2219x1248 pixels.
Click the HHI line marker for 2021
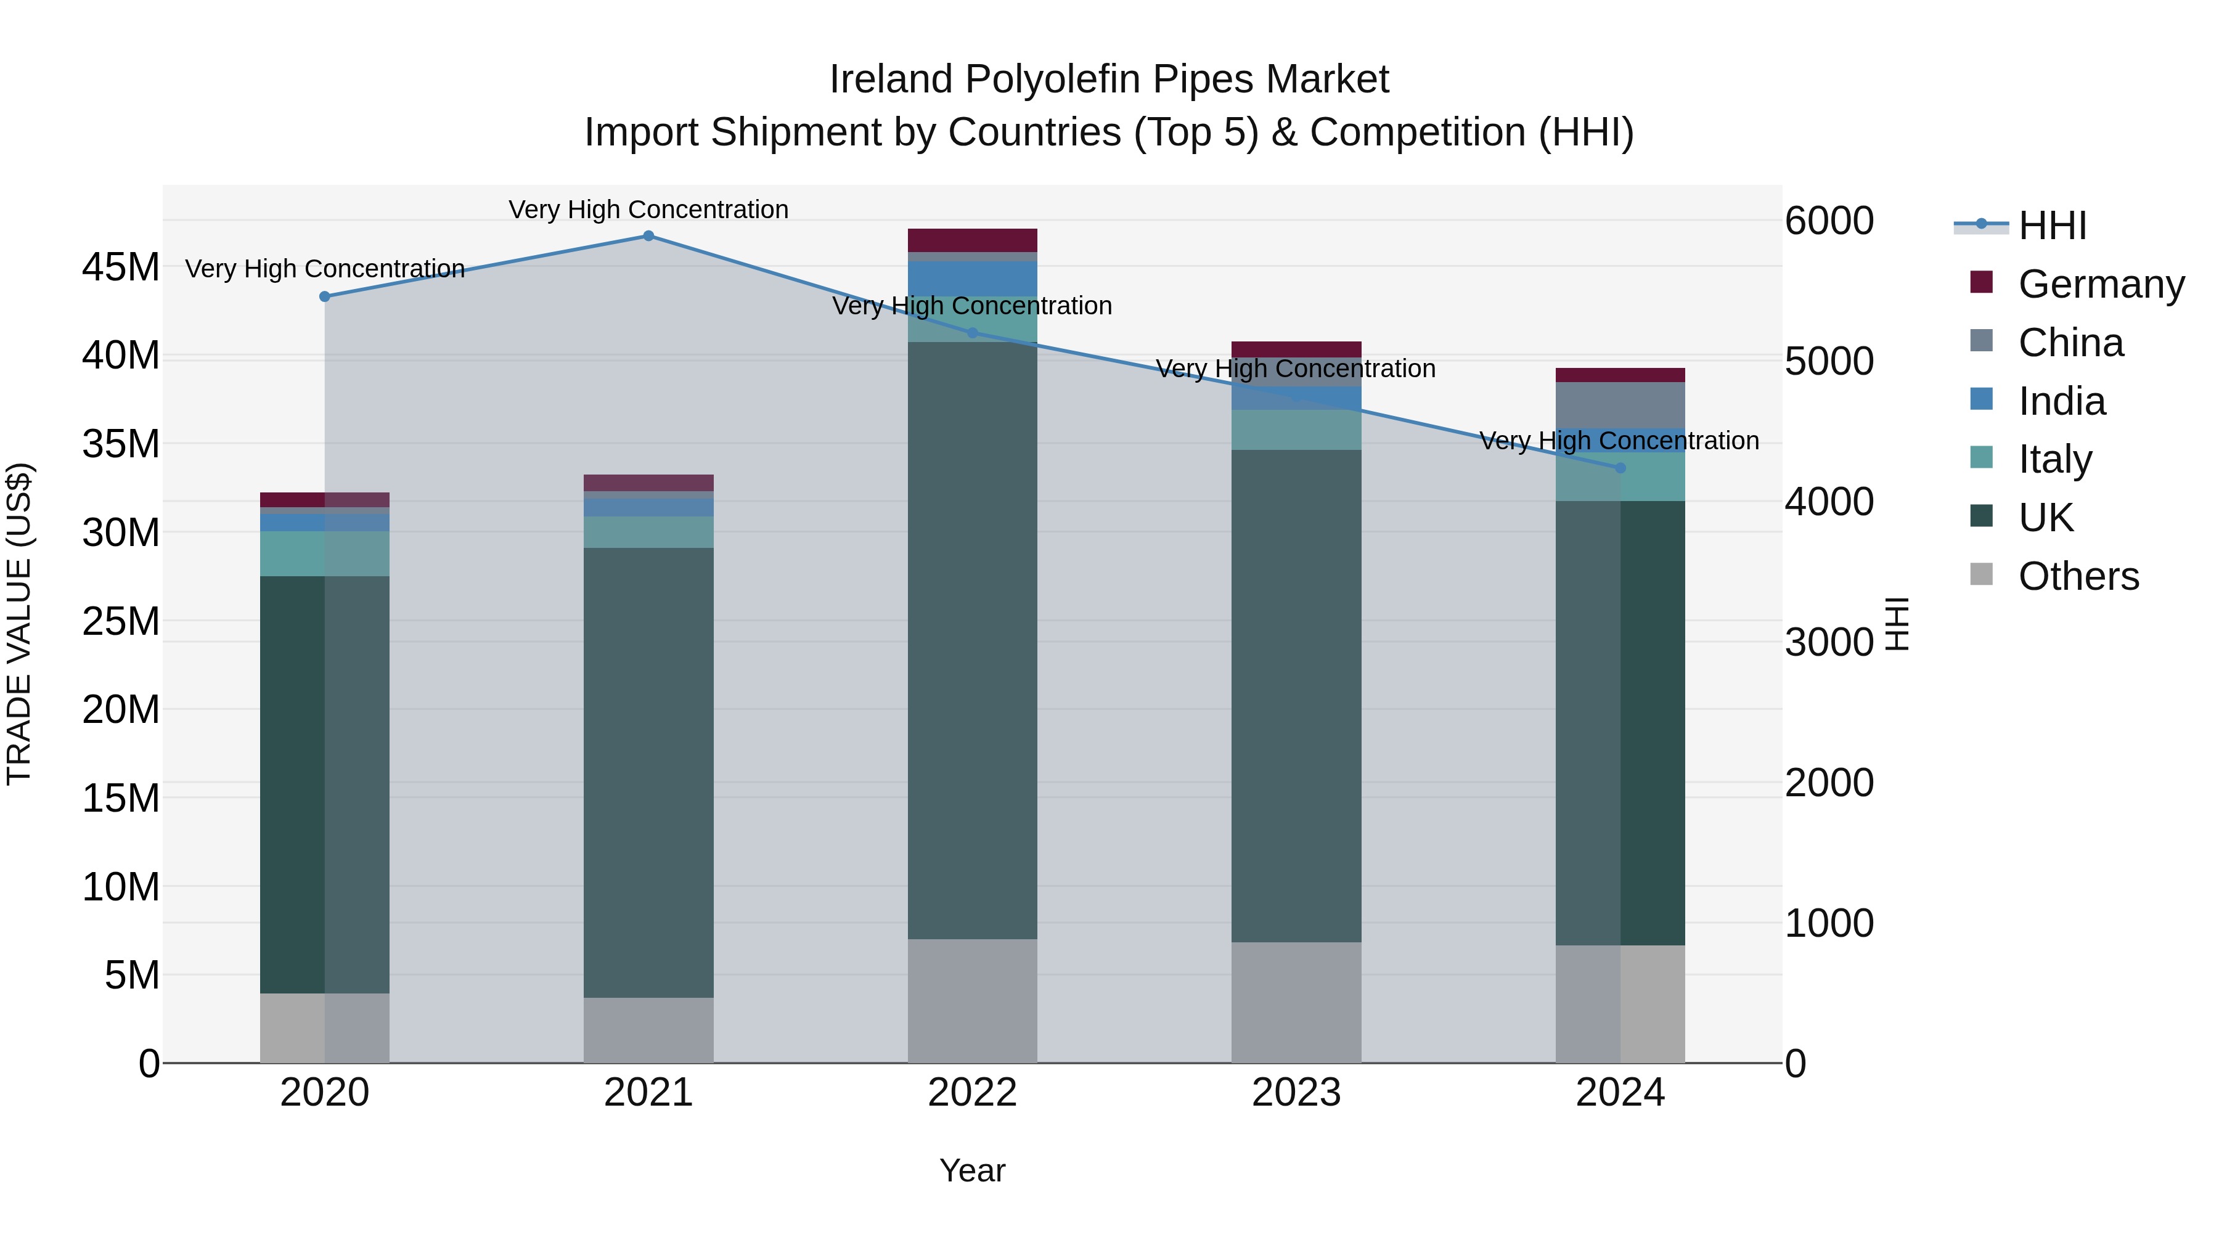point(648,236)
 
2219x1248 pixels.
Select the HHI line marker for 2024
point(1620,468)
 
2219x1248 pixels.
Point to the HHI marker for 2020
point(325,296)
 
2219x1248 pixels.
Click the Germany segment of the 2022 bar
point(973,240)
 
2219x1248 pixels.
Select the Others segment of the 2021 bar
point(648,1029)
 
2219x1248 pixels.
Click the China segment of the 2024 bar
point(1620,405)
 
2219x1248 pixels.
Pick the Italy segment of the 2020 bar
point(325,554)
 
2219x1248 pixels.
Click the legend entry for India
point(2061,401)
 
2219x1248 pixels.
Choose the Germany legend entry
point(2100,284)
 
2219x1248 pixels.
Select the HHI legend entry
point(2052,226)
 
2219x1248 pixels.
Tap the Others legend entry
point(2078,576)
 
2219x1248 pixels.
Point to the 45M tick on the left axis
point(121,267)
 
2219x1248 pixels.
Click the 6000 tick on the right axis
point(1828,221)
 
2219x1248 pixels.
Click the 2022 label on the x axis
point(973,1093)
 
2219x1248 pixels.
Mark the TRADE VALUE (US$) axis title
point(19,624)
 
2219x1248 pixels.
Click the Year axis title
point(973,1170)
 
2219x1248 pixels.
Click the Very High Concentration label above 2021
point(648,210)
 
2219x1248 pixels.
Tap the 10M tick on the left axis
point(121,886)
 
